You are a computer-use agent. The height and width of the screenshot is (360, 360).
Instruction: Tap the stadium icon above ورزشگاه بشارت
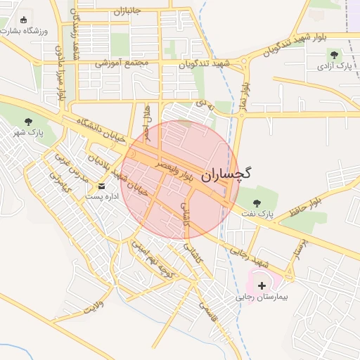[25, 20]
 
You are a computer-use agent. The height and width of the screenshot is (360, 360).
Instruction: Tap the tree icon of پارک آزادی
[334, 54]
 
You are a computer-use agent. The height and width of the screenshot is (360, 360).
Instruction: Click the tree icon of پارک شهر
[28, 121]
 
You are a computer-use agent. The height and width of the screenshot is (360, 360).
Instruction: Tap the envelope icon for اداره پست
[102, 186]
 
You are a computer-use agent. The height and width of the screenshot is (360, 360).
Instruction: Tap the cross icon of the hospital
[262, 285]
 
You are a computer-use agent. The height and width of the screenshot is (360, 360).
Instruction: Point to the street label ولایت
[93, 307]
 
